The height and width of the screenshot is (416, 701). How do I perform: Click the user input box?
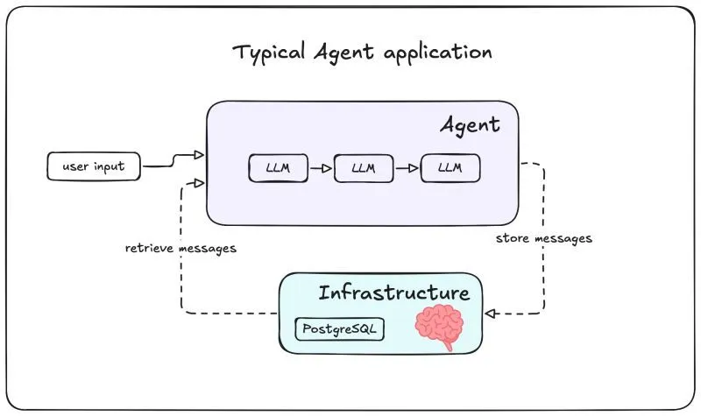click(x=93, y=166)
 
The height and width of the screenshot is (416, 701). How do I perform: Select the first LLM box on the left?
click(x=278, y=168)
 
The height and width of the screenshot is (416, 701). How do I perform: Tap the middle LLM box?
click(x=364, y=168)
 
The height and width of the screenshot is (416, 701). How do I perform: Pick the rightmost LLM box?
click(x=450, y=168)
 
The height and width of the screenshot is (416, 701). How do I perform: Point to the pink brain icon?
click(x=440, y=327)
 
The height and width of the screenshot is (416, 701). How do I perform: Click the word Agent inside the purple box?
click(x=470, y=125)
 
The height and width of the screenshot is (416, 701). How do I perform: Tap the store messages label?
click(x=543, y=238)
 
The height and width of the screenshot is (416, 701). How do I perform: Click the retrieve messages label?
click(x=181, y=248)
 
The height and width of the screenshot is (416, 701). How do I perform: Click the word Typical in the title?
click(x=268, y=52)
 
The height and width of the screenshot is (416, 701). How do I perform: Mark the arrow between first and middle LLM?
click(x=321, y=168)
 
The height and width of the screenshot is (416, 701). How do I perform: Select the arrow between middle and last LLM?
click(x=407, y=168)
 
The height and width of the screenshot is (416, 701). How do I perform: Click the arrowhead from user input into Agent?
click(x=200, y=155)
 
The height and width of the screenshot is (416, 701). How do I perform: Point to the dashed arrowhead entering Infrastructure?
click(x=489, y=313)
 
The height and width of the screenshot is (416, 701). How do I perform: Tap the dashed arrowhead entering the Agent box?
click(x=200, y=182)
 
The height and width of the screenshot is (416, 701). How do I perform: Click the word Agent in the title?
click(x=343, y=53)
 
